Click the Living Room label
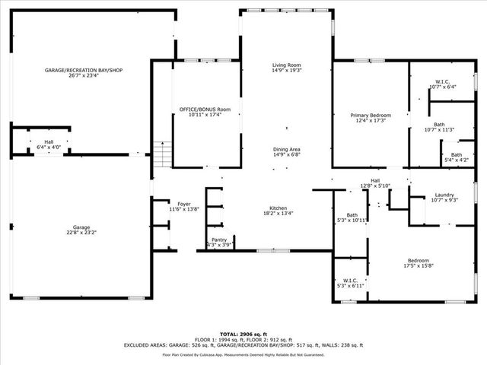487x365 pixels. (x=287, y=65)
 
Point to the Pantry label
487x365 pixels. (x=220, y=240)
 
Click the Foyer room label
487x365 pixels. (x=183, y=204)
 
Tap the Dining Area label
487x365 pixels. (x=287, y=149)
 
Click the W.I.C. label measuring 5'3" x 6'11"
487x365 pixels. (x=351, y=280)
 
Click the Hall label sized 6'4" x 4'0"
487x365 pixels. (x=49, y=142)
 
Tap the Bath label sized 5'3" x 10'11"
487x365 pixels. (x=352, y=215)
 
